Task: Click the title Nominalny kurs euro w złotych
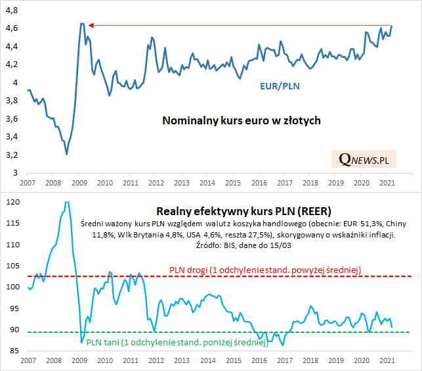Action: pos(241,121)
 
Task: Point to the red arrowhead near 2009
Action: pos(91,25)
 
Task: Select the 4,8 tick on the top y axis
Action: pos(12,11)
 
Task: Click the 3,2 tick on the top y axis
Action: pos(12,155)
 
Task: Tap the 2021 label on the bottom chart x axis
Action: pos(387,360)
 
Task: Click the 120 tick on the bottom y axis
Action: pos(12,202)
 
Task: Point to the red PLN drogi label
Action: pos(265,270)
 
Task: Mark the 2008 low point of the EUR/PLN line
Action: pos(67,154)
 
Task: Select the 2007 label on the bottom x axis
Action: pos(28,360)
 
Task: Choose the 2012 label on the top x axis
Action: pos(156,182)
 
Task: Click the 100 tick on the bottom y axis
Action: pos(12,287)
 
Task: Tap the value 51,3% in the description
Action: pos(352,224)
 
